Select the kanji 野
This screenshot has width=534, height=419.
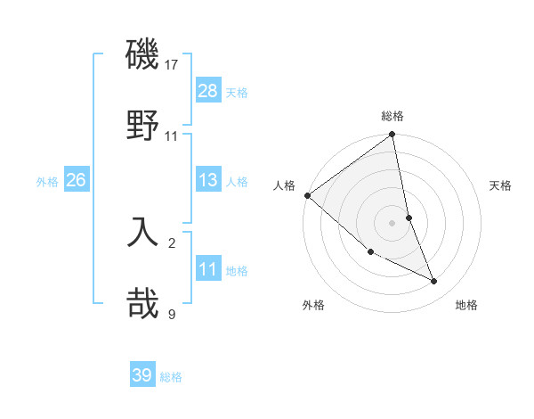click(143, 123)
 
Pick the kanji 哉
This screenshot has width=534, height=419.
click(143, 302)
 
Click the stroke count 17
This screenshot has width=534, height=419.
click(173, 65)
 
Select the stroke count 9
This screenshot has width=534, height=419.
click(172, 314)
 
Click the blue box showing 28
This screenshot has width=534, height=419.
click(208, 91)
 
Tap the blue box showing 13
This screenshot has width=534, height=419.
click(208, 180)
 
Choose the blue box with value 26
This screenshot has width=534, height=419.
click(77, 180)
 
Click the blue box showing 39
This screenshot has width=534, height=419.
click(142, 375)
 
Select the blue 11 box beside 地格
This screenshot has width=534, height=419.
click(208, 269)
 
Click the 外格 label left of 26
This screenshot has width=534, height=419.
click(47, 182)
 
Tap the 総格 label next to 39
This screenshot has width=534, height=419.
click(171, 377)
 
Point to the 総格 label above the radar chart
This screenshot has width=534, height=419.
click(392, 116)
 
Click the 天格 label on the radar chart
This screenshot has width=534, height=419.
click(501, 185)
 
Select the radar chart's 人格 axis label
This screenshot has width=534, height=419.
click(284, 185)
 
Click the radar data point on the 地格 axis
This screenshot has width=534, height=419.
click(434, 282)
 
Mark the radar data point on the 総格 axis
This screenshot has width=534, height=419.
click(392, 136)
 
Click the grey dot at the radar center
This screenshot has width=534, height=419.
click(392, 222)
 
